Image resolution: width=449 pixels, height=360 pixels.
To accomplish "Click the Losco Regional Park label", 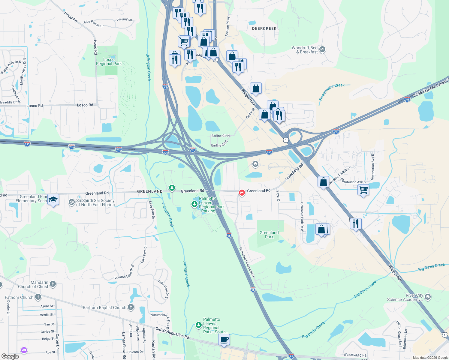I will pyautogui.click(x=109, y=61).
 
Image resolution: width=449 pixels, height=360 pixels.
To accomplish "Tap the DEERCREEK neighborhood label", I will pyautogui.click(x=264, y=28).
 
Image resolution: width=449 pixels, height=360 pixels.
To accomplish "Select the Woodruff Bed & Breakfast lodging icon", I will pyautogui.click(x=322, y=49).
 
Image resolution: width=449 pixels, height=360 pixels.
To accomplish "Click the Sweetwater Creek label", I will pyautogui.click(x=332, y=91).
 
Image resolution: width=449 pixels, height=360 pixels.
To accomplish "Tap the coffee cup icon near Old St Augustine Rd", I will pyautogui.click(x=224, y=340).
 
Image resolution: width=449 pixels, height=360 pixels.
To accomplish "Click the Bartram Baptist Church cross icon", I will pyautogui.click(x=131, y=307).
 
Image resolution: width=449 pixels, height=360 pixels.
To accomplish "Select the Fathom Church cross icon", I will pyautogui.click(x=38, y=297).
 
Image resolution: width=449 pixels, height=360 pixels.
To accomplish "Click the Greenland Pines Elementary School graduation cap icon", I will pyautogui.click(x=53, y=200).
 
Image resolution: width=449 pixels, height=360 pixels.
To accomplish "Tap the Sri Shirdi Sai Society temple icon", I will pyautogui.click(x=71, y=202).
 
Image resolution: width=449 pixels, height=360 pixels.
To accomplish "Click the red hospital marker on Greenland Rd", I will pyautogui.click(x=242, y=193).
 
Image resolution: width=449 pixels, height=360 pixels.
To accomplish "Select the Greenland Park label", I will pyautogui.click(x=269, y=235).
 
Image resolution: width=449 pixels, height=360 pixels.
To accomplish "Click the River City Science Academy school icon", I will pyautogui.click(x=428, y=297).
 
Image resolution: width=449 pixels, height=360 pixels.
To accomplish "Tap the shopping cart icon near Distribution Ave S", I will pyautogui.click(x=363, y=190).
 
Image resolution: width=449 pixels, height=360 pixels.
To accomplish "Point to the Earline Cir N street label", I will pyautogui.click(x=220, y=136).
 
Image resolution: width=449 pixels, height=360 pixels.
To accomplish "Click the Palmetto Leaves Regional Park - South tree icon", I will pyautogui.click(x=198, y=325).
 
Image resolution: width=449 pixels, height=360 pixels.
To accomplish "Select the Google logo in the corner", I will pyautogui.click(x=10, y=356).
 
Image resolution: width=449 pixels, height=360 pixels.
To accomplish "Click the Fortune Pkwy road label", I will pyautogui.click(x=228, y=26).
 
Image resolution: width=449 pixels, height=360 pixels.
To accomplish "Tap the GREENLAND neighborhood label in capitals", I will pyautogui.click(x=150, y=191).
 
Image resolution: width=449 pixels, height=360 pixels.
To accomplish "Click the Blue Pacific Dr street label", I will pyautogui.click(x=94, y=24).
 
